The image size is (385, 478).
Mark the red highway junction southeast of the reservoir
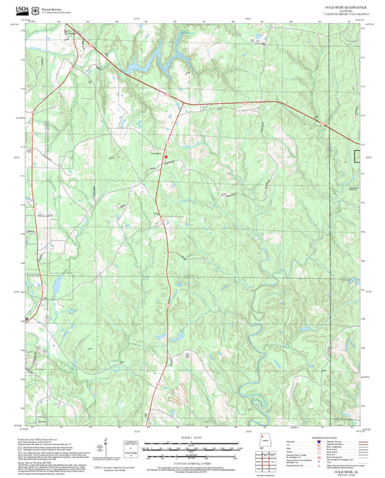tap(182, 103)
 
